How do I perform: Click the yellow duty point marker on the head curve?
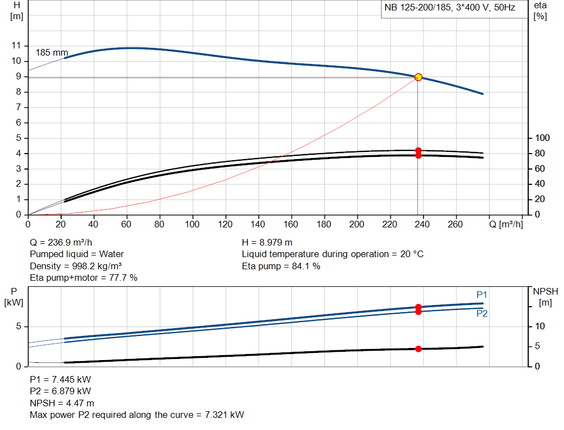[418, 77]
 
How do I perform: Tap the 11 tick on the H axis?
[16, 46]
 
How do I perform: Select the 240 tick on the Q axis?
[422, 225]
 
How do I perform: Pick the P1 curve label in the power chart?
[481, 295]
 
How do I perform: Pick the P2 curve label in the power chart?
[481, 313]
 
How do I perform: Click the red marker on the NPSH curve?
[418, 349]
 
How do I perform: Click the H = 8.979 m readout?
[267, 242]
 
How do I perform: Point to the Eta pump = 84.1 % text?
[281, 266]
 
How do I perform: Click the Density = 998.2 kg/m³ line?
[75, 266]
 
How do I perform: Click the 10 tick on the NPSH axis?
[540, 326]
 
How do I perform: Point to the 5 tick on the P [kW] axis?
[18, 326]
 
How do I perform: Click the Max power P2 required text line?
[137, 415]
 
